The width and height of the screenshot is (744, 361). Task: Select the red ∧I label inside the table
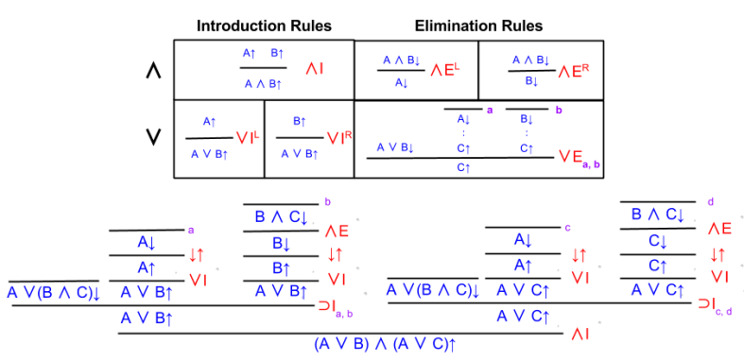tap(316, 69)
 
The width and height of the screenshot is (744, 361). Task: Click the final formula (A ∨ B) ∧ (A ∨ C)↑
tap(385, 345)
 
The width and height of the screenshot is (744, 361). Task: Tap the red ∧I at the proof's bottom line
tap(577, 333)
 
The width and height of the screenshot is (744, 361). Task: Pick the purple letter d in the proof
tap(710, 201)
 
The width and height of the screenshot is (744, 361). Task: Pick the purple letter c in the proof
tap(567, 227)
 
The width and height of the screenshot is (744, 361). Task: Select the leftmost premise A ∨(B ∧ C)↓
tap(54, 293)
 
